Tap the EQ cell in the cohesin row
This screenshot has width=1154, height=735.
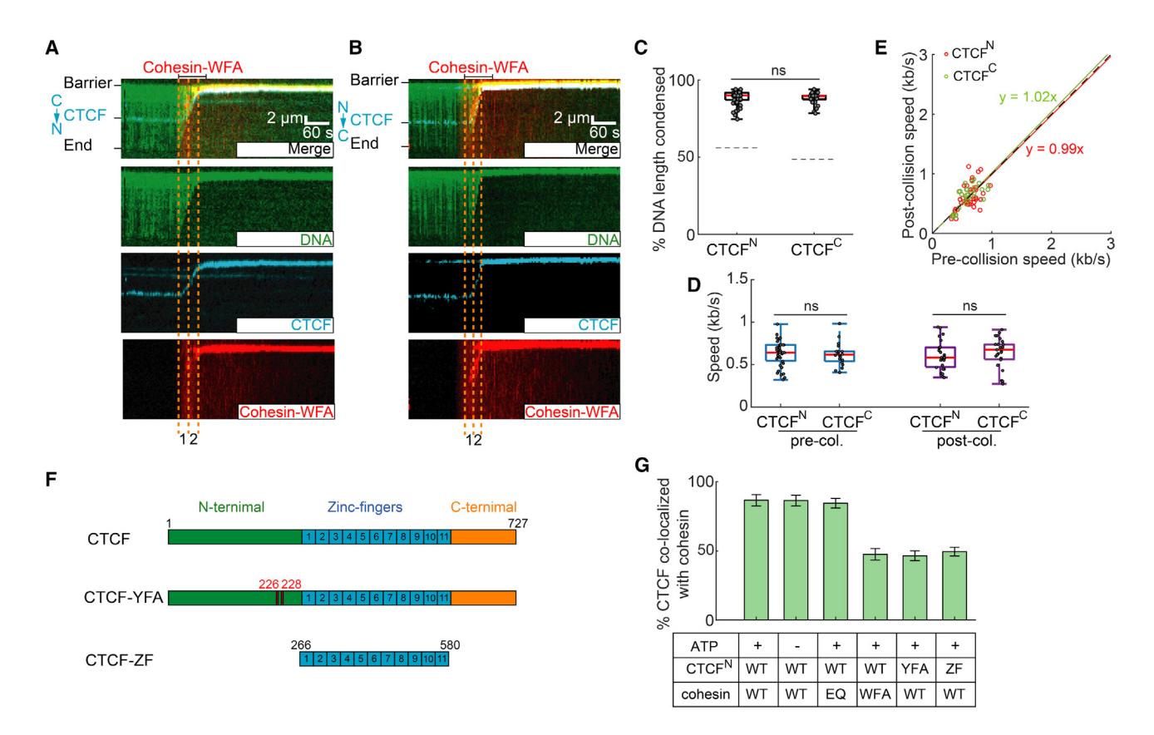tap(836, 692)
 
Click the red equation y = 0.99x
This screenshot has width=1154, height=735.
tap(1053, 150)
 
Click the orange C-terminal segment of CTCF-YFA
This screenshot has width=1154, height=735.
tap(483, 597)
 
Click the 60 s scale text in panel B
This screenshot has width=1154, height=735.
tap(604, 132)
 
